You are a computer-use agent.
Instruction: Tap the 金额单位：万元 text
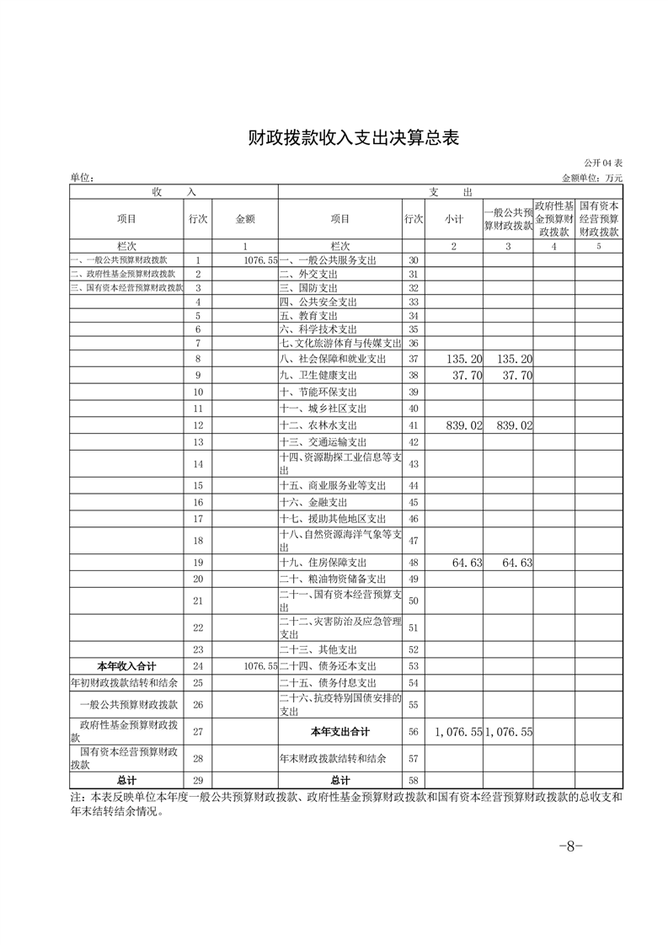(591, 179)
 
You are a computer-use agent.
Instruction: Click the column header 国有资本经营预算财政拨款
(600, 218)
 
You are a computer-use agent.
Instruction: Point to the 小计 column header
(455, 219)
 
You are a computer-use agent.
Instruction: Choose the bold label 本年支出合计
(340, 732)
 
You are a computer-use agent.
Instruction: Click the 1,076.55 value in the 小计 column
(458, 733)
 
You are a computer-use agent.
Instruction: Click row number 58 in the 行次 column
(413, 781)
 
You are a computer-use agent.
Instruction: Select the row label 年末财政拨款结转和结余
(333, 758)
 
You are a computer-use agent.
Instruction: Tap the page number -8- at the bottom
(571, 846)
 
